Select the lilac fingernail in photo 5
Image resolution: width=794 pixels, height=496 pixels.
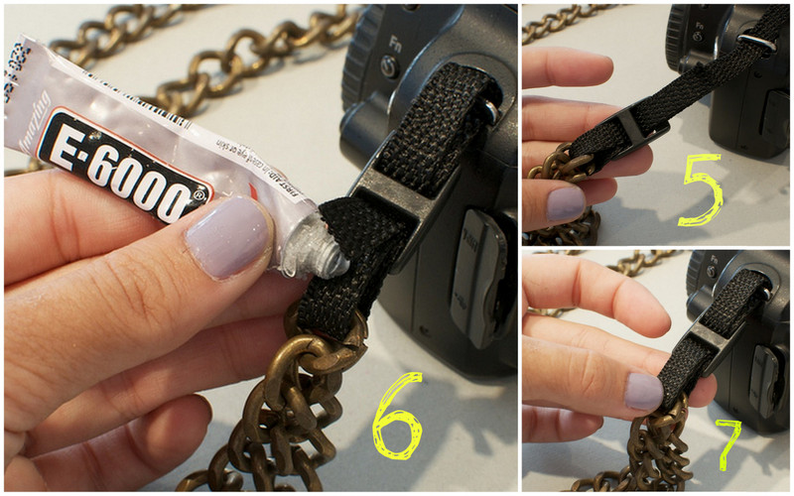point(566,203)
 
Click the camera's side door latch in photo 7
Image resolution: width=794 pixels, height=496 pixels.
point(765,382)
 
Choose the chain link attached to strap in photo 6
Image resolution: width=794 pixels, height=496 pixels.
point(333,342)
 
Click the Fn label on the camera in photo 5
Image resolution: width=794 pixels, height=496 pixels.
point(699,17)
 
